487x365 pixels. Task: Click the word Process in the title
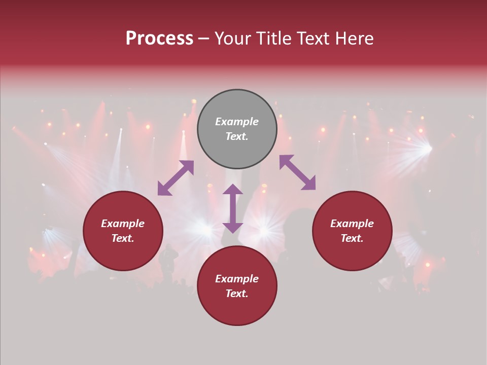[159, 39]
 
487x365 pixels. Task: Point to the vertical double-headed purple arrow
[233, 208]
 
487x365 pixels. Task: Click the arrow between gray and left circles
[176, 178]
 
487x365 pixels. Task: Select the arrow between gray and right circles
[297, 172]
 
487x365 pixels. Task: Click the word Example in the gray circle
[237, 122]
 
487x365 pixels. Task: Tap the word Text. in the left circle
[123, 238]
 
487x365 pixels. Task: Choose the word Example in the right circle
[352, 224]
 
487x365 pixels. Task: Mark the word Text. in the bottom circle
[237, 294]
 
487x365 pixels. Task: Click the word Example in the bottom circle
[237, 279]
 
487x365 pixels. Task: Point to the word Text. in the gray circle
[237, 136]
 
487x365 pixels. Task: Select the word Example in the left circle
[123, 224]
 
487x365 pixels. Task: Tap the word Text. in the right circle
[352, 238]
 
